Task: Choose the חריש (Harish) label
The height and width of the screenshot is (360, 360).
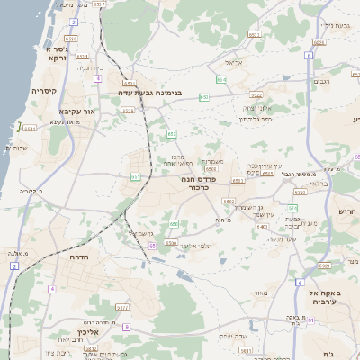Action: click(346, 211)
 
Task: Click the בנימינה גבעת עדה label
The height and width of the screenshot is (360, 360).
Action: click(149, 92)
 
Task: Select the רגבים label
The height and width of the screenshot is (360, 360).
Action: click(321, 82)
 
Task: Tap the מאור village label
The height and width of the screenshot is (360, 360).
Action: click(261, 292)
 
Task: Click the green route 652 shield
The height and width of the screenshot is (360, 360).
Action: click(205, 95)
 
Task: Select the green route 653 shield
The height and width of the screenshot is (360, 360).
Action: click(171, 135)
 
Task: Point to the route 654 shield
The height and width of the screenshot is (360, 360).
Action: click(221, 80)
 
